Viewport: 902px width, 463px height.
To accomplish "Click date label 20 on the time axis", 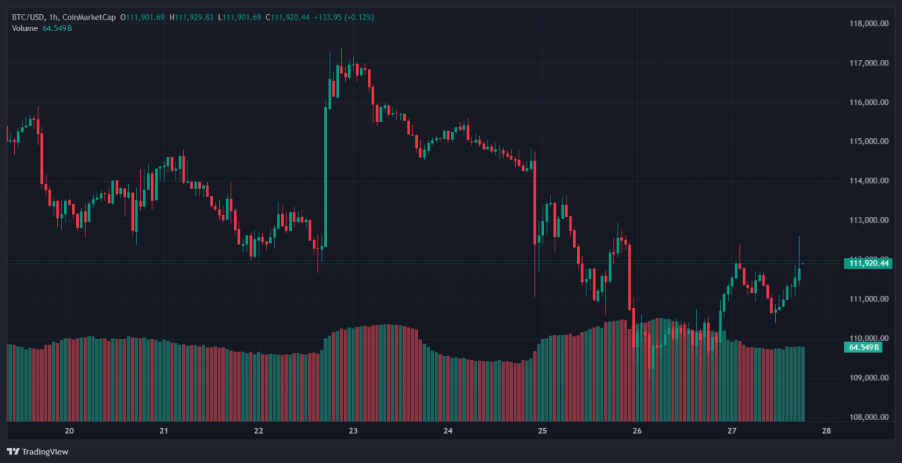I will (69, 431).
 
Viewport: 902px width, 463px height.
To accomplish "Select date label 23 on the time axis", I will (353, 431).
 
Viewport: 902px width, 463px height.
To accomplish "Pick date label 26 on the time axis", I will (637, 431).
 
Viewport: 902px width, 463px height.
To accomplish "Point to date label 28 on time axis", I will (826, 431).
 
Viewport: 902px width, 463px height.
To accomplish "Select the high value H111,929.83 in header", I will (191, 17).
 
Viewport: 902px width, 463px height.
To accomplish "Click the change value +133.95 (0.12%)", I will (345, 17).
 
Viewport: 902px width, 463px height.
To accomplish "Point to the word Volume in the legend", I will (24, 28).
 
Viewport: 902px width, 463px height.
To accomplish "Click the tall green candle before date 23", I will (326, 176).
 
